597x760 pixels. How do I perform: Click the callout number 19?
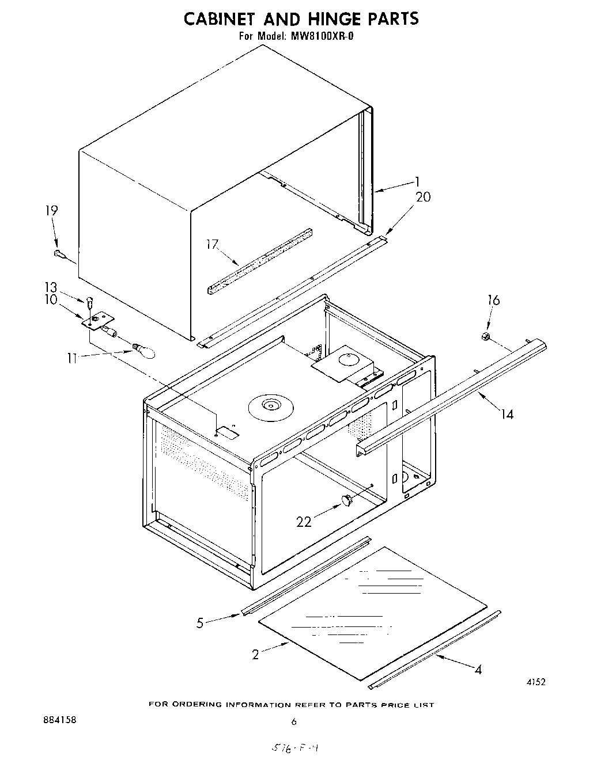51,210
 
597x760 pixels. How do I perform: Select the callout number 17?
213,244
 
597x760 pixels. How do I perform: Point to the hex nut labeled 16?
486,336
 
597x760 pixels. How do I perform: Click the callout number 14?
507,413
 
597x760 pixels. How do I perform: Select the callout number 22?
304,522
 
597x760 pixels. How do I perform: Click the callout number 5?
200,623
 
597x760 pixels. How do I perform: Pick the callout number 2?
255,655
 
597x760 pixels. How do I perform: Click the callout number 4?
478,669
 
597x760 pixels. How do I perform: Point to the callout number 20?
423,197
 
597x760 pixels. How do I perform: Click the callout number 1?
417,182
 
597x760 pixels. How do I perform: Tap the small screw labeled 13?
90,301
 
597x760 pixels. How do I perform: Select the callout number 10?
51,300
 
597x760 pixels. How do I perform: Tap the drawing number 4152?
535,682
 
